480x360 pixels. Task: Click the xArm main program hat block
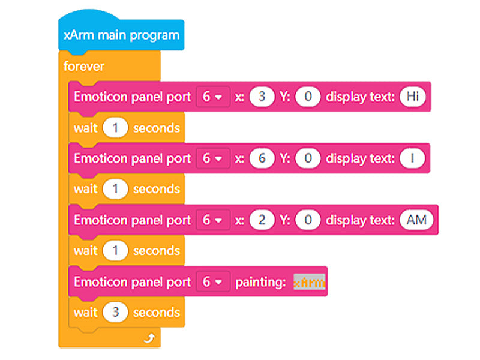pyautogui.click(x=121, y=35)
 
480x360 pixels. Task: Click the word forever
pyautogui.click(x=84, y=66)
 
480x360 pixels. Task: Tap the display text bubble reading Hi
pyautogui.click(x=412, y=97)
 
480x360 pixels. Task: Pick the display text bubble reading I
pyautogui.click(x=412, y=158)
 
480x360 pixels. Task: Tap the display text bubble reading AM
pyautogui.click(x=416, y=220)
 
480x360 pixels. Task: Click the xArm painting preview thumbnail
pyautogui.click(x=310, y=282)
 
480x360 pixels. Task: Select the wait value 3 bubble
pyautogui.click(x=115, y=313)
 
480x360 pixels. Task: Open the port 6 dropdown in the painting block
pyautogui.click(x=212, y=282)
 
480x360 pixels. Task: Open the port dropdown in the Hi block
pyautogui.click(x=212, y=97)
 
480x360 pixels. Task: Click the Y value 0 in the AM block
pyautogui.click(x=308, y=220)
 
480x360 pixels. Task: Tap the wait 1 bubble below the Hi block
pyautogui.click(x=115, y=128)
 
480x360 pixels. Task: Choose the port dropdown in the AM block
pyautogui.click(x=212, y=220)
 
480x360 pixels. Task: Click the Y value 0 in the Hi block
pyautogui.click(x=308, y=97)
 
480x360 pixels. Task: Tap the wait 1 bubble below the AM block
pyautogui.click(x=115, y=251)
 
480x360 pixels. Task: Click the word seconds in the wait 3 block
pyautogui.click(x=156, y=313)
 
